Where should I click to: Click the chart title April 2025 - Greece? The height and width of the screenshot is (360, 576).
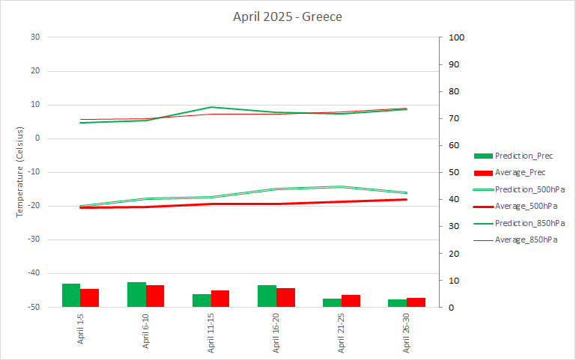(288, 16)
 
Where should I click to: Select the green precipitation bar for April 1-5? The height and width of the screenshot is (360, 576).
(71, 296)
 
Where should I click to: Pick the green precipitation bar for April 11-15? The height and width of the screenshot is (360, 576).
(201, 301)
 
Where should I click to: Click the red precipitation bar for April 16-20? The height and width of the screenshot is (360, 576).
(285, 298)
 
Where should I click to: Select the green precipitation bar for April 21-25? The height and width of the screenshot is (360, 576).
(332, 303)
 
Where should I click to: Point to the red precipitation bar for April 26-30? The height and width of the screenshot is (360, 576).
(416, 302)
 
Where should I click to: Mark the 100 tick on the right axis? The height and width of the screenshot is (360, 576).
(457, 37)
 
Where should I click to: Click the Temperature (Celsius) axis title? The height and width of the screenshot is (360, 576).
(20, 172)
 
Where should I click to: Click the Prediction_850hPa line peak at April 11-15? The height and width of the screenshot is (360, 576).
(211, 107)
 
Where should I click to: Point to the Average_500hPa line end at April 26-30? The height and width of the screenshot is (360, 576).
(407, 200)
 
